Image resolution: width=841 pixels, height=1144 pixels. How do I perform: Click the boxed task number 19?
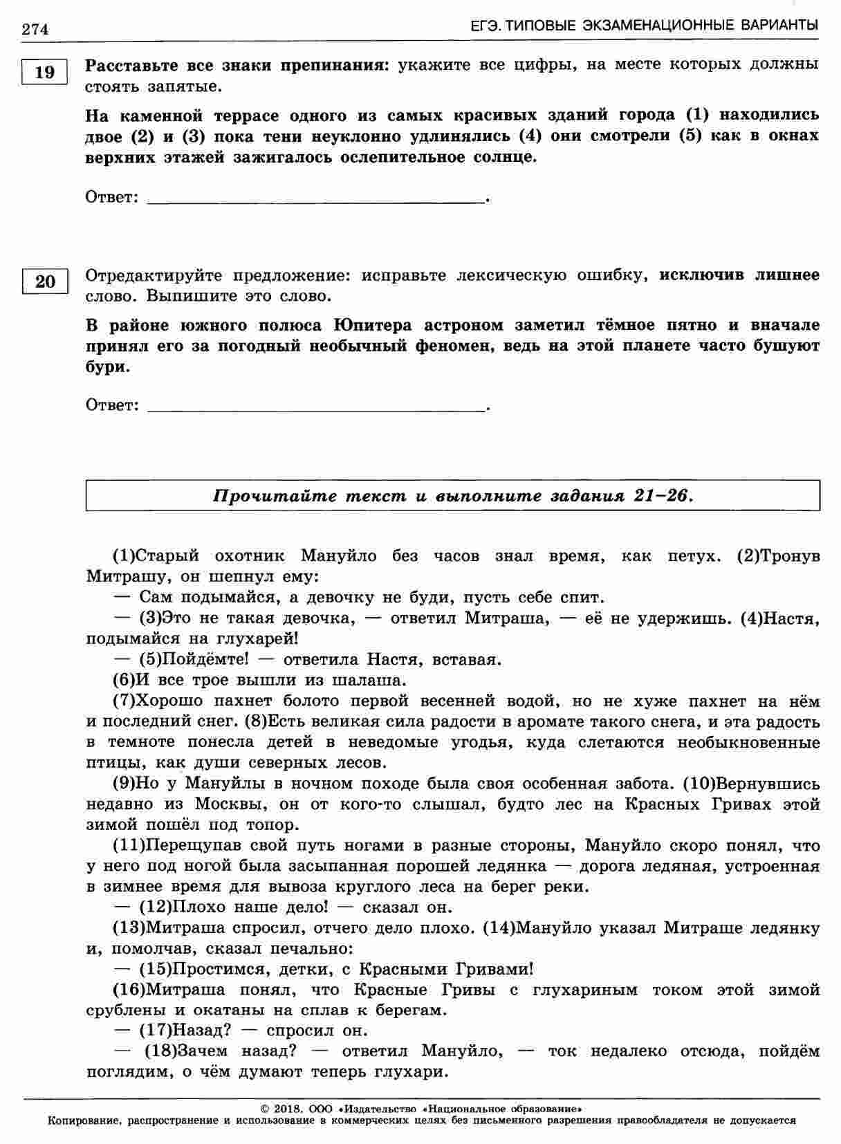[x=44, y=72]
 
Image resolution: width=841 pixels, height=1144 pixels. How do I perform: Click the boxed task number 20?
[x=44, y=282]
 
